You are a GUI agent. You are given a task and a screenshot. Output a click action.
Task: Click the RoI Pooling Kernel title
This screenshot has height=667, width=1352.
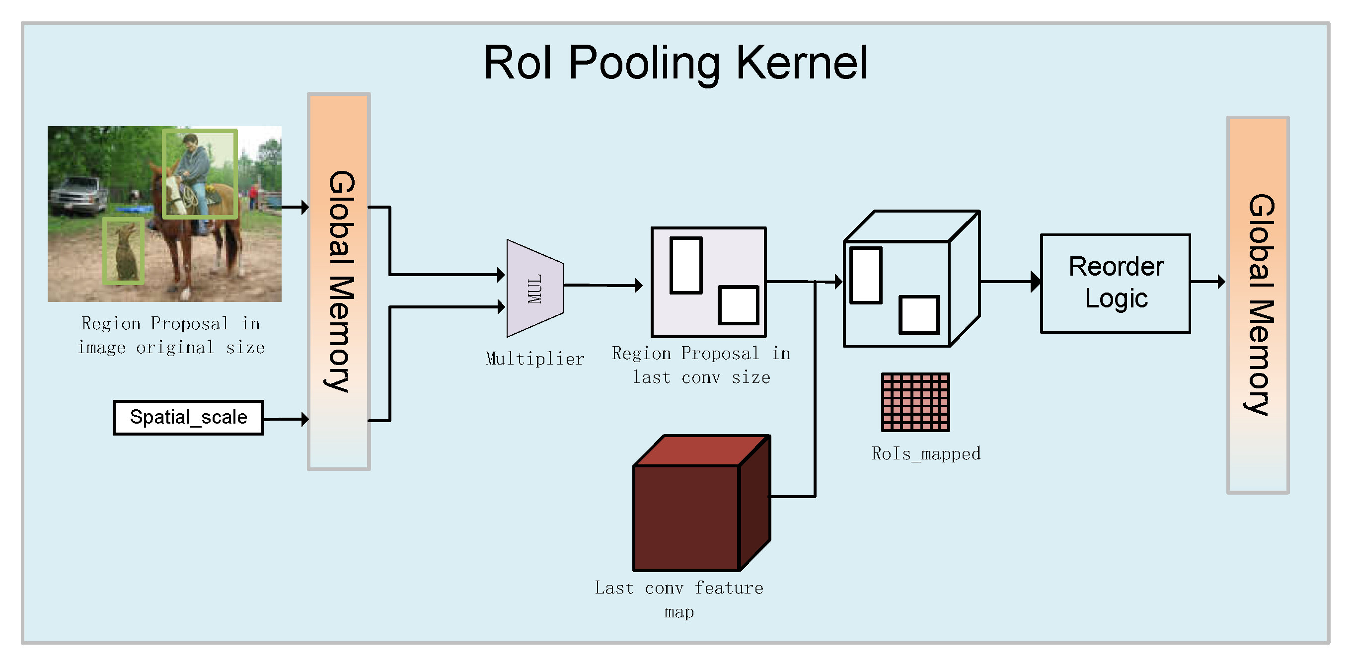pos(675,63)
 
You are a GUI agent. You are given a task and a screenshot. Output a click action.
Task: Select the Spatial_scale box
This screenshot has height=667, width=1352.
pos(188,418)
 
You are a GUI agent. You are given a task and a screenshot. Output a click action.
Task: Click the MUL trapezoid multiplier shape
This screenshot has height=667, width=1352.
pos(534,289)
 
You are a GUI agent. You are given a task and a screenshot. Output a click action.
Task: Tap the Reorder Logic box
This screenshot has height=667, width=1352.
pos(1115,284)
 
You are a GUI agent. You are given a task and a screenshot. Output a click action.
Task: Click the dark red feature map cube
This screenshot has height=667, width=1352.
pos(685,517)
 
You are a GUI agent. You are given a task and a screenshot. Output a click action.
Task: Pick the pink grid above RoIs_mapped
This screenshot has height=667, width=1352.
pos(915,402)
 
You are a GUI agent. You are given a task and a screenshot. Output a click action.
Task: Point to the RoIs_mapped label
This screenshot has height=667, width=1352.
pos(925,453)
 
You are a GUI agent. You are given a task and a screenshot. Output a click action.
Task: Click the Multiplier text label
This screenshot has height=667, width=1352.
pos(534,359)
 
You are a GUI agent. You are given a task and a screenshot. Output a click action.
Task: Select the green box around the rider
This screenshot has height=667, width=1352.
pos(200,174)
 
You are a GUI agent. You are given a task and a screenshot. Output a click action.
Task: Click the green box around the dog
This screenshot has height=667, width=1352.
pos(123,251)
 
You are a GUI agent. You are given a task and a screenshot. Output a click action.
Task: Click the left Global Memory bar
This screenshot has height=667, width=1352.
pos(339,281)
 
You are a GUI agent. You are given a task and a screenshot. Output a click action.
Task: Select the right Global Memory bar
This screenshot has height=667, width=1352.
pos(1258,304)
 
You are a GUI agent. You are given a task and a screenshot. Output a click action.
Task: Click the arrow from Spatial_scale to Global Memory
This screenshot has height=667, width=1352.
pos(286,419)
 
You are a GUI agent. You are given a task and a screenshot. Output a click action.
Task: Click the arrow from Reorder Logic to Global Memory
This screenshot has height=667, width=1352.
pos(1207,282)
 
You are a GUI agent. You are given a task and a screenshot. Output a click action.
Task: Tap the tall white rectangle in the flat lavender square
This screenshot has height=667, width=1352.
pos(685,265)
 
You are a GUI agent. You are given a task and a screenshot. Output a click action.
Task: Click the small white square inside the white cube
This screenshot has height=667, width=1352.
pos(918,315)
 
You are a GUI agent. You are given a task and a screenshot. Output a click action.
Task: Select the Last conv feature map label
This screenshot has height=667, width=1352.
pos(678,599)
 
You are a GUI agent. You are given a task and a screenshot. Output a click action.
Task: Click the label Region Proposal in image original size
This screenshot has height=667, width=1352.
pos(170,335)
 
